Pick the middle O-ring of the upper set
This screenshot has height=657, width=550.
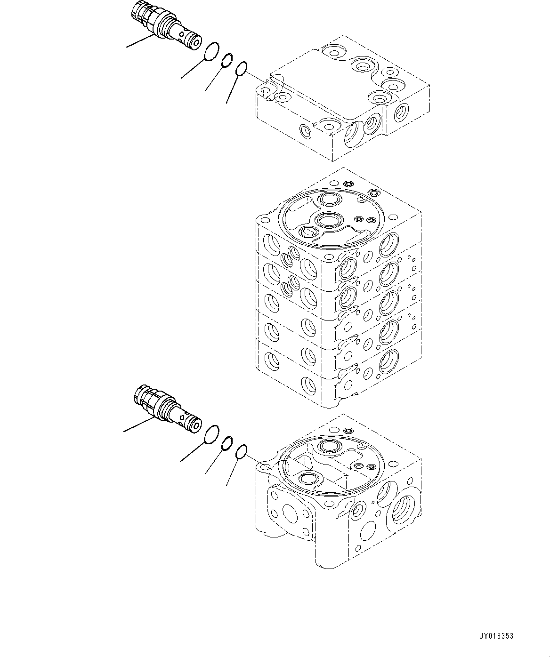coord(227,60)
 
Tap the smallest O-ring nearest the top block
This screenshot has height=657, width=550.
coord(242,69)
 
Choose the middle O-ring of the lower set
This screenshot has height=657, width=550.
coord(227,443)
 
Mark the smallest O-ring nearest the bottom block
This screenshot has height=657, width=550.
coord(242,452)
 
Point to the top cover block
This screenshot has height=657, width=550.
coord(341,99)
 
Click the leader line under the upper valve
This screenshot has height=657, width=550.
coord(140,41)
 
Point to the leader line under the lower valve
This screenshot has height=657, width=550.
coord(137,425)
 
